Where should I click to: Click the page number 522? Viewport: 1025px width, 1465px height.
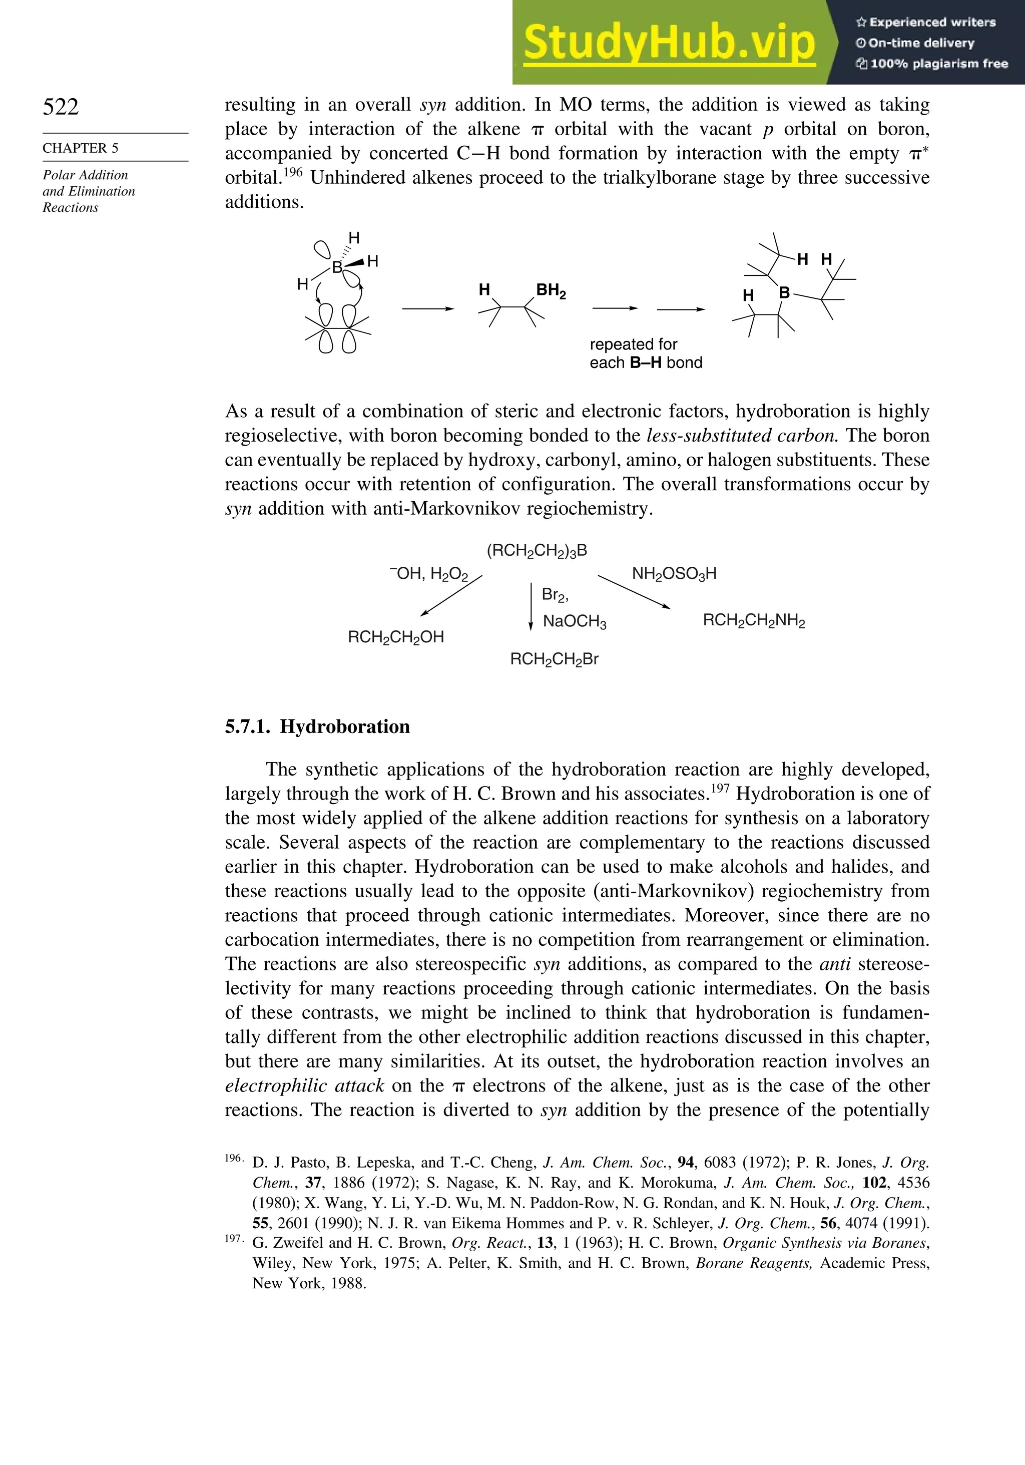coord(61,107)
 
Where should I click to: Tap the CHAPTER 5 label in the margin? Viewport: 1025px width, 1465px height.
coord(81,148)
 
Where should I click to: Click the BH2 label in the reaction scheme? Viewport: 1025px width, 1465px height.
coord(551,291)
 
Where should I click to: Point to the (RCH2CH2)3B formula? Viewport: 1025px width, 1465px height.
coord(537,551)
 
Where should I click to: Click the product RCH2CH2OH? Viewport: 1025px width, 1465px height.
coord(395,637)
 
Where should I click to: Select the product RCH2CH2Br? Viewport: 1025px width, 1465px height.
coord(554,659)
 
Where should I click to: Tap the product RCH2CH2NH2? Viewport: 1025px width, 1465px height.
coord(753,620)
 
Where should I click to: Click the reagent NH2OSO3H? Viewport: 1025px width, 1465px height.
coord(674,574)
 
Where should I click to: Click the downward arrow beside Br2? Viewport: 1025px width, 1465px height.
coord(531,606)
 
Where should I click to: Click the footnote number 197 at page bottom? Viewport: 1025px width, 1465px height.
coord(233,1239)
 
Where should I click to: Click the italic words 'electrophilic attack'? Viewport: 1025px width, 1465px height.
coord(304,1085)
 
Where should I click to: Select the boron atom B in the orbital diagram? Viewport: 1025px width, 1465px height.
coord(337,267)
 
